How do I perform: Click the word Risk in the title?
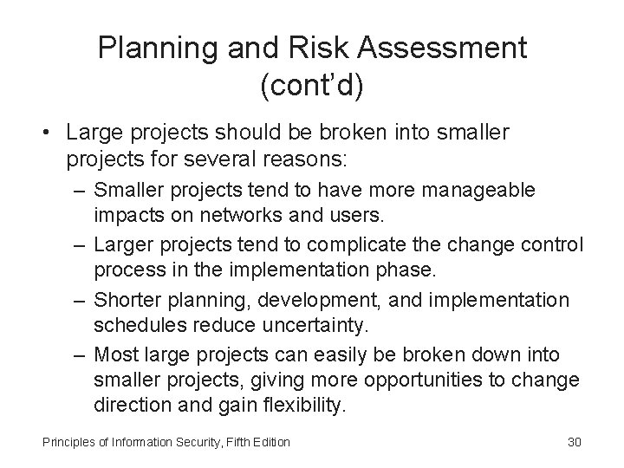pos(305,48)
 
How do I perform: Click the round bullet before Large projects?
pos(43,133)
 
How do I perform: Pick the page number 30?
pos(574,443)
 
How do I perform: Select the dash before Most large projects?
pos(80,354)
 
